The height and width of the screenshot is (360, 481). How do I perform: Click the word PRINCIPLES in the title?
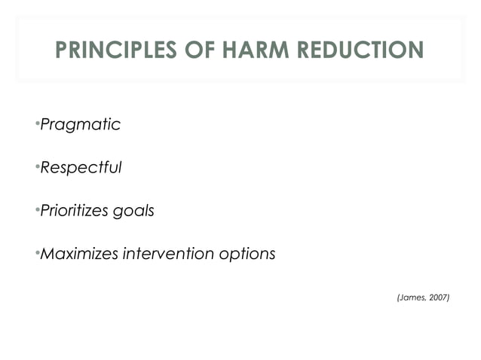tap(116, 50)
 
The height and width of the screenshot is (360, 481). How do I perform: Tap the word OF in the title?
tap(198, 50)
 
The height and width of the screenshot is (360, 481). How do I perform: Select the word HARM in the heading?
tap(253, 50)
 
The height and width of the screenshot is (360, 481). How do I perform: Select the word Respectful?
tap(80, 167)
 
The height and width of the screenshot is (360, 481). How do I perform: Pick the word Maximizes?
tap(78, 254)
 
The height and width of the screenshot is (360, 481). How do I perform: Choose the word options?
tap(247, 255)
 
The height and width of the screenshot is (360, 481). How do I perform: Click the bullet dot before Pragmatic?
tap(37, 123)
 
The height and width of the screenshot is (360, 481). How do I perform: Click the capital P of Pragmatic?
tap(44, 124)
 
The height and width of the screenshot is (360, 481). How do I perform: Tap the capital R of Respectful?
tap(44, 167)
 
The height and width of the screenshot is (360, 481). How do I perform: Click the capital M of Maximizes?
tap(47, 254)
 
